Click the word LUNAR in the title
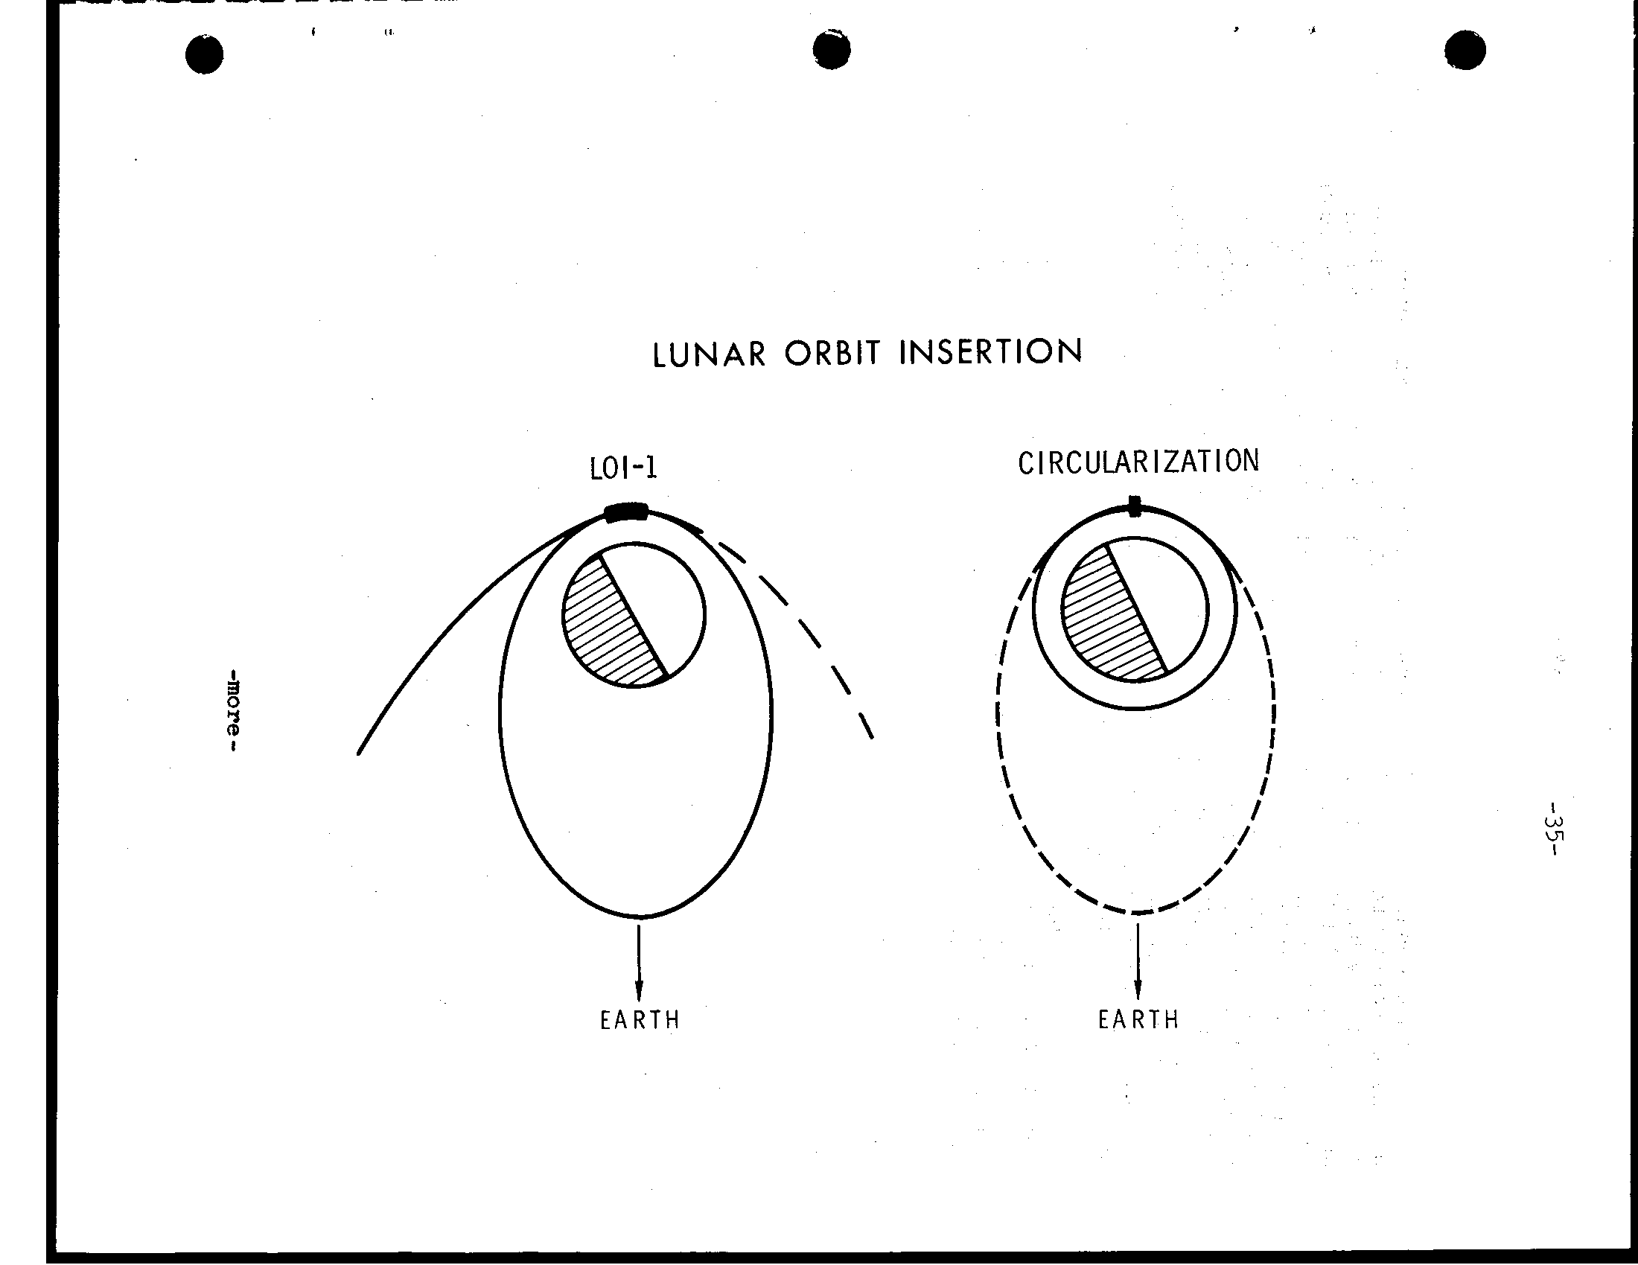709,354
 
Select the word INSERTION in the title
990,351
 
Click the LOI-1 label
623,468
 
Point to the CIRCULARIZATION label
1138,462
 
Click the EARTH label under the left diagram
640,1020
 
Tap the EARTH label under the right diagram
1138,1020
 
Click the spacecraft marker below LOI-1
626,513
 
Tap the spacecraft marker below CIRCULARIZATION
1135,506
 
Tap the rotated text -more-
235,712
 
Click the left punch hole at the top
204,55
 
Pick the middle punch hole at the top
831,50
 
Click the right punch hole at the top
1465,51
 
